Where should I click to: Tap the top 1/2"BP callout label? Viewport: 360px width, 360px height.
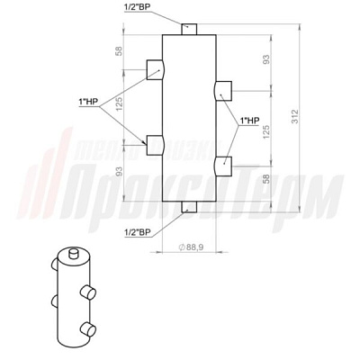click(135, 8)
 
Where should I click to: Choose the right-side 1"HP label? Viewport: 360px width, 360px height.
click(248, 121)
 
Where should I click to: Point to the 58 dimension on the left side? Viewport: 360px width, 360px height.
click(120, 51)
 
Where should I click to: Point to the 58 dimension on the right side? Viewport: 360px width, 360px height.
click(266, 179)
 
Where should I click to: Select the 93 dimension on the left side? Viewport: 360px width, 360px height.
click(120, 171)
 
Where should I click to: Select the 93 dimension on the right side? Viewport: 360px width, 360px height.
click(266, 59)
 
